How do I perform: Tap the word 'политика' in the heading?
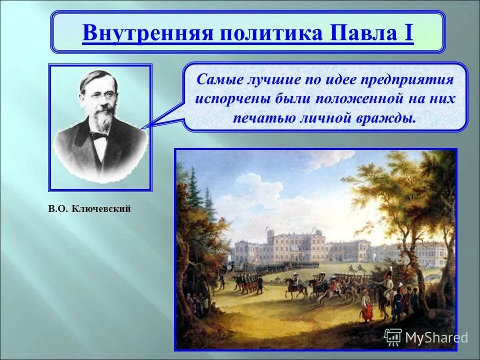[x=261, y=33]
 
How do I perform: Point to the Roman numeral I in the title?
[x=408, y=33]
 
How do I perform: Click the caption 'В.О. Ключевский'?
[x=90, y=208]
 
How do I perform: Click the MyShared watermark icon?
[x=393, y=337]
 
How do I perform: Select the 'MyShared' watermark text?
[x=436, y=338]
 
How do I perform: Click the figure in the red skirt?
[x=367, y=311]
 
